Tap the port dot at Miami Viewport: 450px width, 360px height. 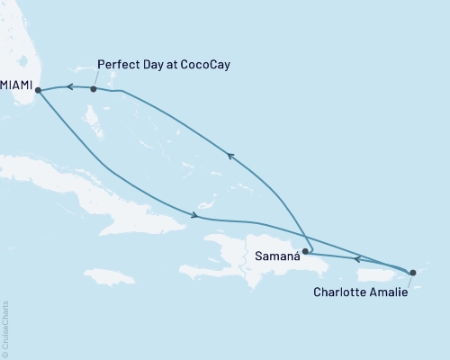pos(37,88)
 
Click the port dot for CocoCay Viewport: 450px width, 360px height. pos(94,89)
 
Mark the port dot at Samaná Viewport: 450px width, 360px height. pos(305,252)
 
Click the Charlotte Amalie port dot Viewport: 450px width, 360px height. pos(413,272)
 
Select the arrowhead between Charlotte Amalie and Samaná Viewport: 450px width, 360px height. pos(358,259)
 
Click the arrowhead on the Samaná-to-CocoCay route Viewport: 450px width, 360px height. pos(230,156)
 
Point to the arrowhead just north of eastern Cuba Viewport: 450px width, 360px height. pos(193,214)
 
